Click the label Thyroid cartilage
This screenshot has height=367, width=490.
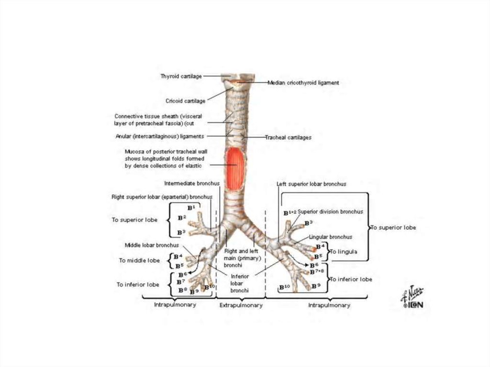click(181, 76)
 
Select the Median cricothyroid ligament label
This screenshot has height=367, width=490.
click(303, 83)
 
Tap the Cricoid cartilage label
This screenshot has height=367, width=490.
click(185, 101)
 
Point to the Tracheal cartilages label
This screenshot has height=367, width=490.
click(289, 137)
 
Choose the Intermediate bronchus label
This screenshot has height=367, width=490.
click(191, 183)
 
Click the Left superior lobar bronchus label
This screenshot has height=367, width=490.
click(311, 184)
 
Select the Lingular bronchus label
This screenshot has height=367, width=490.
click(331, 237)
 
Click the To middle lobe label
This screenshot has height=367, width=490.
click(139, 261)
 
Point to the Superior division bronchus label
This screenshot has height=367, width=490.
click(331, 211)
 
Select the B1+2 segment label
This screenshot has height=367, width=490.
click(290, 212)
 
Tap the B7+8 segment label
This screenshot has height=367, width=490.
click(316, 272)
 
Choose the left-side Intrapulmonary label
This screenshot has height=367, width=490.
click(175, 305)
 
